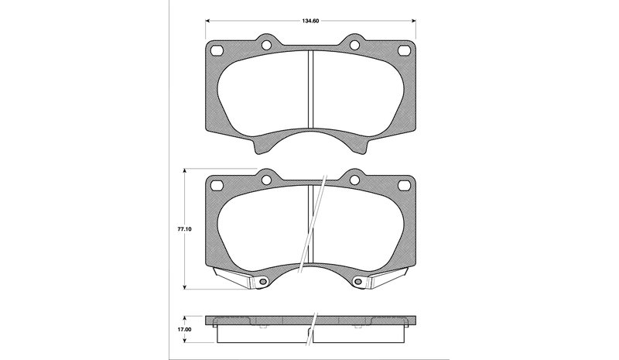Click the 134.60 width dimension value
pos(310,21)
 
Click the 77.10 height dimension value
pos(185,229)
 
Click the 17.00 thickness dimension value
pos(185,329)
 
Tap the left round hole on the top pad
pos(266,46)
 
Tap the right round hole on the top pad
pos(354,46)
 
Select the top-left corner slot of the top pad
pos(217,51)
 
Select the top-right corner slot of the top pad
pos(404,51)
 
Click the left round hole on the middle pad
pos(266,180)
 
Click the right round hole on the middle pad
pos(354,180)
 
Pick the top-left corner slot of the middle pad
pos(217,185)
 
